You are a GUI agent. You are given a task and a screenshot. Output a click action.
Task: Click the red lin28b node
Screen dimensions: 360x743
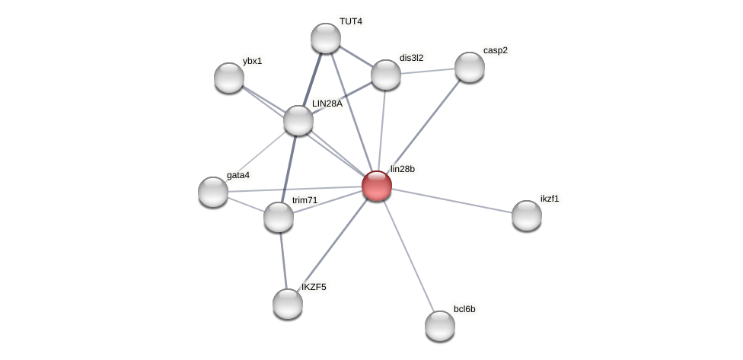[x=377, y=186]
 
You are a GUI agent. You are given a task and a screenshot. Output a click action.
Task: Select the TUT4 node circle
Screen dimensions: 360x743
[x=326, y=38]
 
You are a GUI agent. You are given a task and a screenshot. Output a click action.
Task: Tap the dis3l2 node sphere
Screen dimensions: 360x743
[x=386, y=75]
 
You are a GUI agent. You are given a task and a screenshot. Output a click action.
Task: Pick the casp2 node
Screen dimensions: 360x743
[x=470, y=67]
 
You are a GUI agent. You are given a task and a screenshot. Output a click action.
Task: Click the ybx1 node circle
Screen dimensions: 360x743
[x=229, y=78]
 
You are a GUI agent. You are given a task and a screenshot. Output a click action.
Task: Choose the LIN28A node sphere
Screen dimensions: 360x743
[x=298, y=120]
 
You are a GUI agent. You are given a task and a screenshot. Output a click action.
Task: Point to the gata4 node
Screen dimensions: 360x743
[x=213, y=192]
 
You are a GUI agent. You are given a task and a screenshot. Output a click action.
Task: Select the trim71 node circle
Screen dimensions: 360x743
[x=279, y=217]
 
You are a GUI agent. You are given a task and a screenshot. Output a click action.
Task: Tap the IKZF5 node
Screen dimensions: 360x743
[x=288, y=304]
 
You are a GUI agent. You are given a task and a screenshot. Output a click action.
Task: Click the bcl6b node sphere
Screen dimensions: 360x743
[x=440, y=326]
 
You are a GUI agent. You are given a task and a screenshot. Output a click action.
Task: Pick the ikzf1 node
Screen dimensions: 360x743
[x=527, y=215]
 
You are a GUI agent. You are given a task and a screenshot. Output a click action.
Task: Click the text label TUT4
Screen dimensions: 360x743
[x=351, y=21]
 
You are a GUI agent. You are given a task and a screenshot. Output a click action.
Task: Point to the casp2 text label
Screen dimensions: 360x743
[x=495, y=50]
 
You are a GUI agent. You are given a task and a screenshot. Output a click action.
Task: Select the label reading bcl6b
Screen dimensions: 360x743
[x=464, y=309]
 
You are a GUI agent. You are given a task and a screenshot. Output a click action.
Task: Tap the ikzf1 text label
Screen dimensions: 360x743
[x=550, y=199]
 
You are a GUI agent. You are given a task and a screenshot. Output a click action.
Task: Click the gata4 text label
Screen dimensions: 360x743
[x=238, y=175]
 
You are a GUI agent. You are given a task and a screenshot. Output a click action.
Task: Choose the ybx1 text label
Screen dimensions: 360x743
[x=252, y=61]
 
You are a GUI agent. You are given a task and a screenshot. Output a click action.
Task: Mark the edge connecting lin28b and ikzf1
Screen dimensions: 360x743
[x=452, y=201]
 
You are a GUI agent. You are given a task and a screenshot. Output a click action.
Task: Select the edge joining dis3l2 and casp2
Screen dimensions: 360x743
[x=428, y=71]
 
